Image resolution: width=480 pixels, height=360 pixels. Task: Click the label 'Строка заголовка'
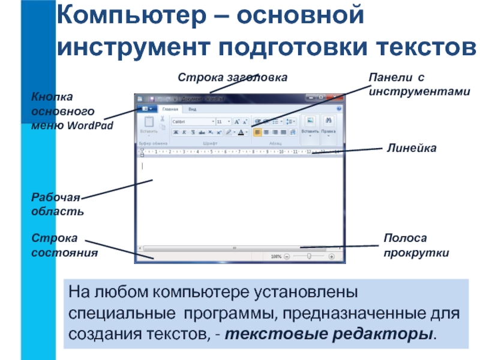point(232,77)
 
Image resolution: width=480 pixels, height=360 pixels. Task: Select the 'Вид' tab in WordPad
point(192,109)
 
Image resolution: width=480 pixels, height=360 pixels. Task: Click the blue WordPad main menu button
point(146,109)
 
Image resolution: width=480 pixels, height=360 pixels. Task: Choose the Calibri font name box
point(192,121)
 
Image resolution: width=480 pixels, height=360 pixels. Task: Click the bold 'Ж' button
point(176,132)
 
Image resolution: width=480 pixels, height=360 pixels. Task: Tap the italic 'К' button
point(184,132)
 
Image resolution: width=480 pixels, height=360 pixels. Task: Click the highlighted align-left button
point(257,132)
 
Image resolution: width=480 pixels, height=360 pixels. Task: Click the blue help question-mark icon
point(340,109)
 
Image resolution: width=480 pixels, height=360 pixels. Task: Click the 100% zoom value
point(276,256)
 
